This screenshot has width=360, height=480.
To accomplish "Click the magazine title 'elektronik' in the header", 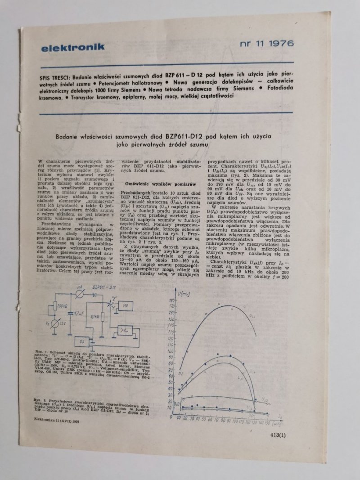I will coord(72,46).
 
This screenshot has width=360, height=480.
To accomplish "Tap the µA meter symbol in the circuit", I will coord(80,293).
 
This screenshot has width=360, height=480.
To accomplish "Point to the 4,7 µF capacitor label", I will coord(79,313).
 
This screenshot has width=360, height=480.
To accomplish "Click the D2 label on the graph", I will coord(180,374).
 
